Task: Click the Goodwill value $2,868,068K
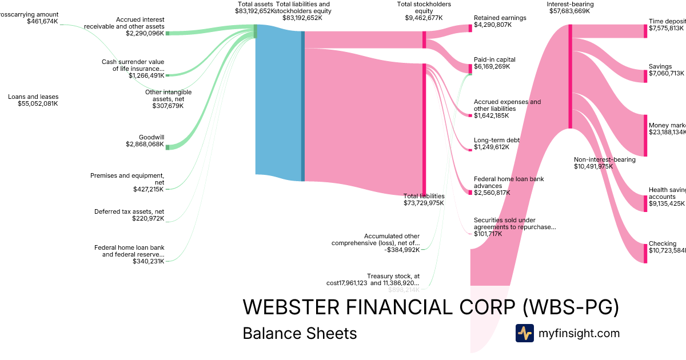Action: pyautogui.click(x=145, y=145)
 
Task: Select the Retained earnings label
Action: pyautogui.click(x=500, y=18)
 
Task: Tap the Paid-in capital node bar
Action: pyautogui.click(x=470, y=69)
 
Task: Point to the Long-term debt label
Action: pyautogui.click(x=497, y=140)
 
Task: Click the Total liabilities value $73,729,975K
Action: pyautogui.click(x=424, y=203)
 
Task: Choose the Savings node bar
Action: pyautogui.click(x=645, y=73)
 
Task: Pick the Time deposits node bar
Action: pyautogui.click(x=645, y=31)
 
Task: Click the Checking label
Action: pyautogui.click(x=662, y=243)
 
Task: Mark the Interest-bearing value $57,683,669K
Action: pyautogui.click(x=569, y=11)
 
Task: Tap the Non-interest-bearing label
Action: pyautogui.click(x=604, y=159)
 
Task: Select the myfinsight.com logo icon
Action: pyautogui.click(x=524, y=333)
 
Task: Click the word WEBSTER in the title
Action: pyautogui.click(x=291, y=307)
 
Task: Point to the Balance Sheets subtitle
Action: pyautogui.click(x=300, y=333)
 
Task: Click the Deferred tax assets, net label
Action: pyautogui.click(x=129, y=211)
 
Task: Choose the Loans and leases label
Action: pyautogui.click(x=33, y=97)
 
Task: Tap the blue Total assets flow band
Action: pyautogui.click(x=278, y=103)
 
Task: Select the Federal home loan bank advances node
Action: pyautogui.click(x=470, y=191)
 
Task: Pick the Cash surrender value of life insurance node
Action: pyautogui.click(x=167, y=75)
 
